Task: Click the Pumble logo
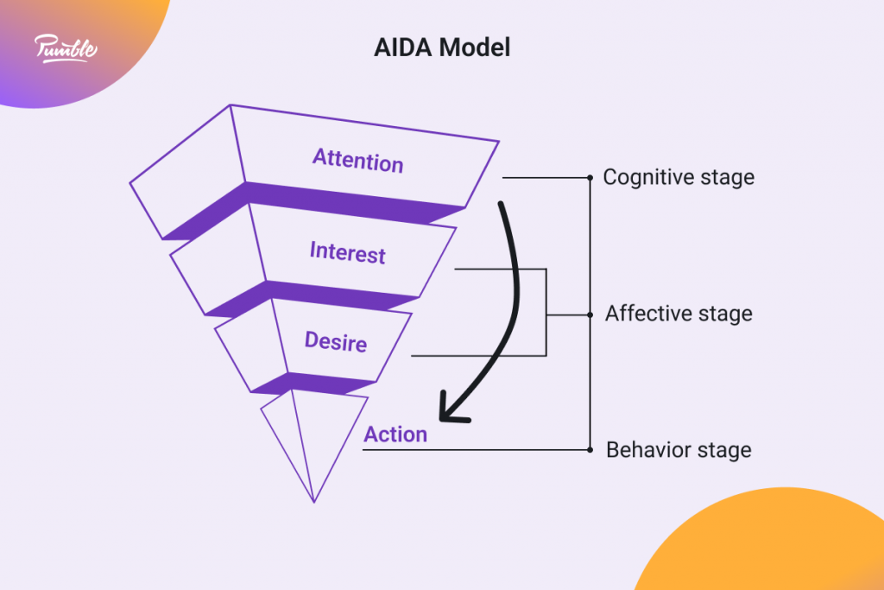point(66,48)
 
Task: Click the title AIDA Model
point(442,48)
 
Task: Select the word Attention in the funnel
point(357,161)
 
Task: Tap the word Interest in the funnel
point(347,253)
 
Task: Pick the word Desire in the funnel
point(336,341)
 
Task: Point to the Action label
point(395,435)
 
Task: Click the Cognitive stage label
point(679,177)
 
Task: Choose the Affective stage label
point(679,314)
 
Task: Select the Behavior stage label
point(679,450)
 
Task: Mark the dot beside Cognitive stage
point(590,177)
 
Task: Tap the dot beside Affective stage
point(590,314)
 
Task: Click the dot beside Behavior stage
point(590,450)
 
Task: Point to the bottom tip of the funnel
point(313,500)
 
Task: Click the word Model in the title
point(475,48)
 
